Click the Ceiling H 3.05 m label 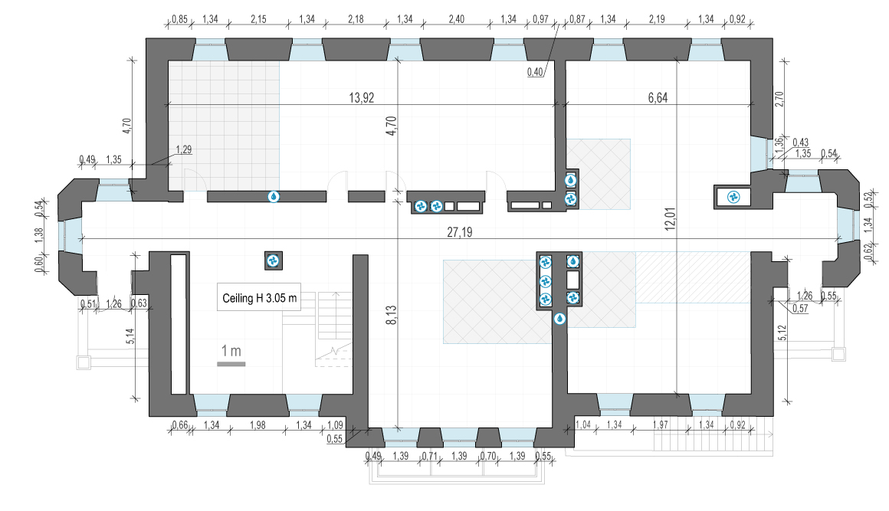[x=259, y=298]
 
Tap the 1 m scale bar [x=231, y=364]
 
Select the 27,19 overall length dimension [x=459, y=232]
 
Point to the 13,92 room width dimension [x=361, y=98]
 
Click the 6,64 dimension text [x=658, y=98]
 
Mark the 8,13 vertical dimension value [x=392, y=315]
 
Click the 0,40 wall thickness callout [x=535, y=72]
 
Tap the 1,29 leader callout [x=184, y=149]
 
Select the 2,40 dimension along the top [x=457, y=19]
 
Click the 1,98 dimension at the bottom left [x=258, y=425]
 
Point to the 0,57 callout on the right [x=800, y=308]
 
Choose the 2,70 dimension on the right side [x=779, y=99]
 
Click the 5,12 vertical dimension [x=782, y=332]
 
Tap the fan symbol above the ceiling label [x=274, y=260]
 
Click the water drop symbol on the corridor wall [x=274, y=197]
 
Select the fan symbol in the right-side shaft [x=733, y=197]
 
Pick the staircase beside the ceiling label [x=334, y=329]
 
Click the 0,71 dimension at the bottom [x=430, y=456]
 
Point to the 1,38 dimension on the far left [x=38, y=235]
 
